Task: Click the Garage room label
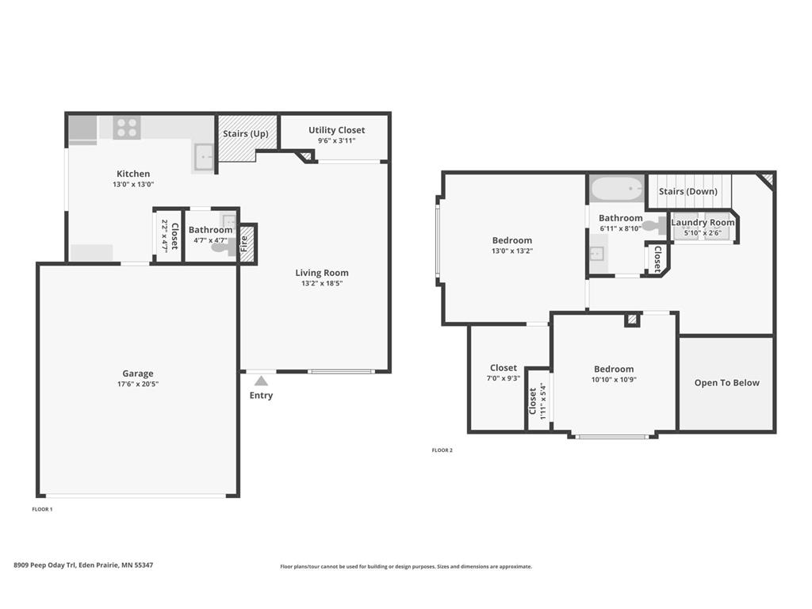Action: (x=138, y=373)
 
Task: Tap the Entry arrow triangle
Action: (x=261, y=381)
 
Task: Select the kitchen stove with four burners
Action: (x=127, y=128)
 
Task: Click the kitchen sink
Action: (x=204, y=157)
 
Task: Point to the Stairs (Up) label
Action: (x=245, y=134)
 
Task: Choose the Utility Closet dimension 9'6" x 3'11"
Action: (x=337, y=141)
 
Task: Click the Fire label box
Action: (x=245, y=244)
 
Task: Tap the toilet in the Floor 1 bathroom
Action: (x=221, y=247)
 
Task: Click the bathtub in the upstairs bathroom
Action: (x=617, y=189)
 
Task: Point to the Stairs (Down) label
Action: (x=688, y=192)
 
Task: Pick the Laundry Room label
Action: (x=703, y=223)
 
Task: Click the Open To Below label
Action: (x=726, y=383)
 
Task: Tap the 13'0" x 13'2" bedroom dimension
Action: (x=511, y=251)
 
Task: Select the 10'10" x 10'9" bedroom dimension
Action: (x=614, y=380)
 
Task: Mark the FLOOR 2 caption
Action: (x=442, y=450)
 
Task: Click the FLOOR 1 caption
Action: (x=42, y=509)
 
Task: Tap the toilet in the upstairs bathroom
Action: (x=655, y=227)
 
